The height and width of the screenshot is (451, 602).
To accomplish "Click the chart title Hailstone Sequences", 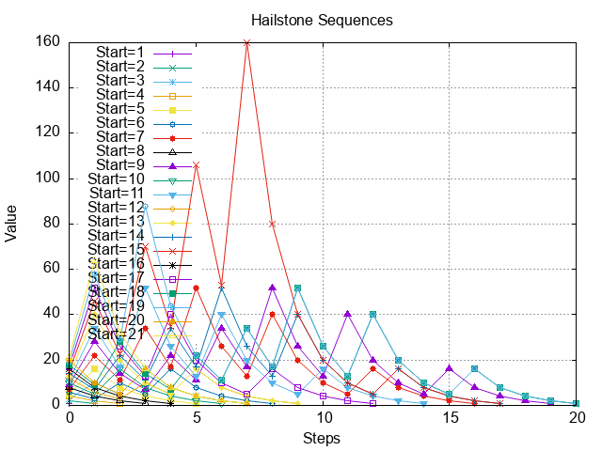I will tap(322, 20).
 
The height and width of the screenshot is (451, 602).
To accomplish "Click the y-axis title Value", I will tap(12, 224).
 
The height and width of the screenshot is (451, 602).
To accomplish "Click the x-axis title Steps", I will tap(322, 439).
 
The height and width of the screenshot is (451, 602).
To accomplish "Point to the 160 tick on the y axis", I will tap(48, 41).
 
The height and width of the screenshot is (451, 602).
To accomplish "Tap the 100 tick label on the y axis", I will tap(48, 178).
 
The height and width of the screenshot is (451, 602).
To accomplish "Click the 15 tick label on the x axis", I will tap(450, 418).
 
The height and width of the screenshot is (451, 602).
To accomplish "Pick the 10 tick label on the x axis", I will tap(323, 418).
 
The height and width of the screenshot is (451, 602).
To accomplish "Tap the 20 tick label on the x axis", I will tap(577, 418).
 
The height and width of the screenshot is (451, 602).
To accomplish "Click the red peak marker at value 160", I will tap(246, 42).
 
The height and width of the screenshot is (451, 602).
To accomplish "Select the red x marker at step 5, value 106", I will tap(196, 164).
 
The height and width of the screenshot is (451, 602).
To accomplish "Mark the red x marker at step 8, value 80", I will tap(272, 224).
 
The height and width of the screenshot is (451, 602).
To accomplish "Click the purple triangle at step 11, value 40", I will tap(348, 314).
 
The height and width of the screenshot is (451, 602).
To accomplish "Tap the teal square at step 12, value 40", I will tap(373, 314).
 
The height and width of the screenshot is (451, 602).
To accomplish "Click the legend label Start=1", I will tap(120, 53).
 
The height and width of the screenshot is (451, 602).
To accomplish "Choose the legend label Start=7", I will tap(120, 136).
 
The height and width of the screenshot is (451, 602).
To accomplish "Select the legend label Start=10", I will tap(117, 179).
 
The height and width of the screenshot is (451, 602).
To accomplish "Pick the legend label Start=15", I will tap(117, 249).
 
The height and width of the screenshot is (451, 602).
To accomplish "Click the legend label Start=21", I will tap(117, 334).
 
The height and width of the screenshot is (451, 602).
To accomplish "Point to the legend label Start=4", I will tap(120, 95).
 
